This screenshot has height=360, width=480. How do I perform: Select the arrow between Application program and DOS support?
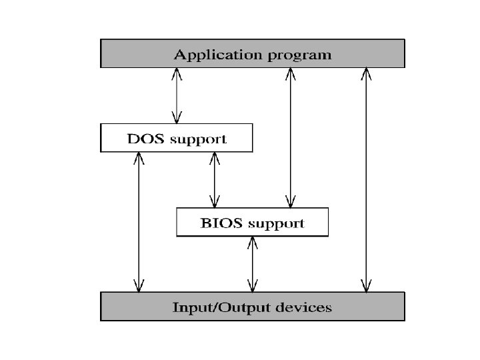(x=177, y=95)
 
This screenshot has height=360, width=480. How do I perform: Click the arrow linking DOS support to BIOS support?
(x=214, y=179)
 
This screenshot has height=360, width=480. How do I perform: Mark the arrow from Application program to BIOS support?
(x=289, y=137)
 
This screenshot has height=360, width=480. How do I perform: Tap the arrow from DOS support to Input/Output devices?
(x=139, y=221)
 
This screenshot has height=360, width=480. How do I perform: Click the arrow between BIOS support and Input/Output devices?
(x=252, y=264)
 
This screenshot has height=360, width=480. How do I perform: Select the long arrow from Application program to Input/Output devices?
(x=365, y=179)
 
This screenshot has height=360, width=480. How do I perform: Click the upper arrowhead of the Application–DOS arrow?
(x=177, y=73)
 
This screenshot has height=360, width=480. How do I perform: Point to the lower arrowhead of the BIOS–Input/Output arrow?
(x=252, y=287)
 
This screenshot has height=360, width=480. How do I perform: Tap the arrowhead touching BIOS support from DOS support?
(x=214, y=202)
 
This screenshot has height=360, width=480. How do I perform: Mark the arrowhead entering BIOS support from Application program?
(x=289, y=202)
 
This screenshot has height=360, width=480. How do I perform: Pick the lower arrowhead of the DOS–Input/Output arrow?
(x=139, y=287)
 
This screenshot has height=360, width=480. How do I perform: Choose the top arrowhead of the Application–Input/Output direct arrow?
(x=365, y=73)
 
